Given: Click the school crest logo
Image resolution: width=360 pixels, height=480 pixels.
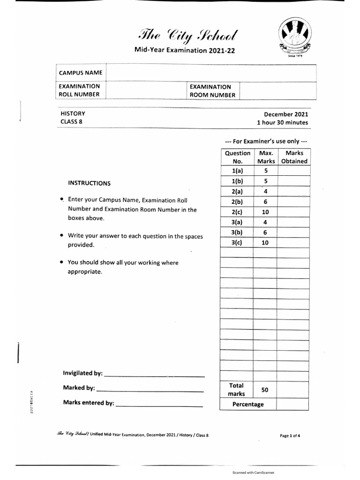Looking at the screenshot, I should point(294,36).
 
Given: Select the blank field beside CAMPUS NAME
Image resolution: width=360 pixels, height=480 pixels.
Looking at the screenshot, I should point(211,73).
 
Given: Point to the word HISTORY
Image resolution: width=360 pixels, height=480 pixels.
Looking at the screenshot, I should point(73,113).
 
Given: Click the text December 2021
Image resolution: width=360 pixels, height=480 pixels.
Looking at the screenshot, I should point(286,114).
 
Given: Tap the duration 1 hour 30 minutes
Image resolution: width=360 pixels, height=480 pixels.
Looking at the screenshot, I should point(282,122).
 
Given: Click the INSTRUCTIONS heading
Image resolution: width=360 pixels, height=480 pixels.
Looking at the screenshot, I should point(90,183).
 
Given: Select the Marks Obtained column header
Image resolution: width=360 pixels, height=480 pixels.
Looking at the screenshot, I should point(294,157).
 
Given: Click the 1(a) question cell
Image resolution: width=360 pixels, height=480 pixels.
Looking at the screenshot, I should point(237,171).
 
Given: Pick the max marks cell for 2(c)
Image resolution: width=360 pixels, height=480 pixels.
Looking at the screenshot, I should point(265,212).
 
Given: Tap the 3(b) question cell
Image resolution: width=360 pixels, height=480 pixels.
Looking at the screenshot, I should point(237,232).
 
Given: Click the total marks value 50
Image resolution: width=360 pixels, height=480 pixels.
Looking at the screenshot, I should point(265,390).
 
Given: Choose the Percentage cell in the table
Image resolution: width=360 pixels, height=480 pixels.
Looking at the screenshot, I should point(248,404).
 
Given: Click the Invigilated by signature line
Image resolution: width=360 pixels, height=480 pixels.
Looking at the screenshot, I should point(154,375).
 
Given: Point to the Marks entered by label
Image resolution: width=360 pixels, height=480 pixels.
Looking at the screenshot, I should point(88,403).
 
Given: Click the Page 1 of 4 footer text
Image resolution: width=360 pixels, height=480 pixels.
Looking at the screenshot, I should point(290,435).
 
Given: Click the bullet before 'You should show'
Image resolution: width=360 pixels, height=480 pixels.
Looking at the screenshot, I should point(62,262).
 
